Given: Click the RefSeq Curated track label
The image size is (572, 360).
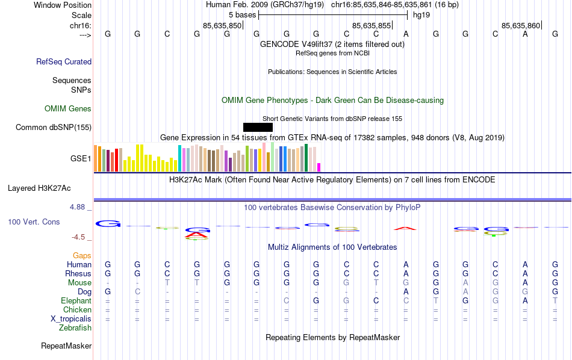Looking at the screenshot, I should click(64, 61).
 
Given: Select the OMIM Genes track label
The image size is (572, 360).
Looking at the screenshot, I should click(68, 109).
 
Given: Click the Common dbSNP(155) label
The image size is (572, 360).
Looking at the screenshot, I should click(54, 127).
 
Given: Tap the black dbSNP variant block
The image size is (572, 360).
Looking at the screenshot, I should click(258, 127).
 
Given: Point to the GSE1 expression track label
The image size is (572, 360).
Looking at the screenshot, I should click(81, 159).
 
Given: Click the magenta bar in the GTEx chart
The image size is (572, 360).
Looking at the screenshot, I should click(319, 167).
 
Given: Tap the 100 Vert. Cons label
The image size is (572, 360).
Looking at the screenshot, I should click(34, 222).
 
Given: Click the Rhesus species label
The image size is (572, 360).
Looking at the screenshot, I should click(78, 274).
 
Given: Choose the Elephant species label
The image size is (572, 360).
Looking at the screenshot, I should click(76, 301).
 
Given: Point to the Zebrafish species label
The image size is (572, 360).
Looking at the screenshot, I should click(75, 328).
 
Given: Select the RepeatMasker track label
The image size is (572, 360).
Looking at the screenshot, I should click(66, 346).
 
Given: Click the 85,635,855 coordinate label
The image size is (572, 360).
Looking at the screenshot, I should click(371, 25).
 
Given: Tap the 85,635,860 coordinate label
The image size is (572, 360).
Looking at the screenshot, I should click(521, 25).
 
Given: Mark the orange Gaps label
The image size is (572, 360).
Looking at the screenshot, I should click(82, 256).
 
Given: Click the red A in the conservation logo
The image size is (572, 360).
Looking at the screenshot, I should click(405, 228).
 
